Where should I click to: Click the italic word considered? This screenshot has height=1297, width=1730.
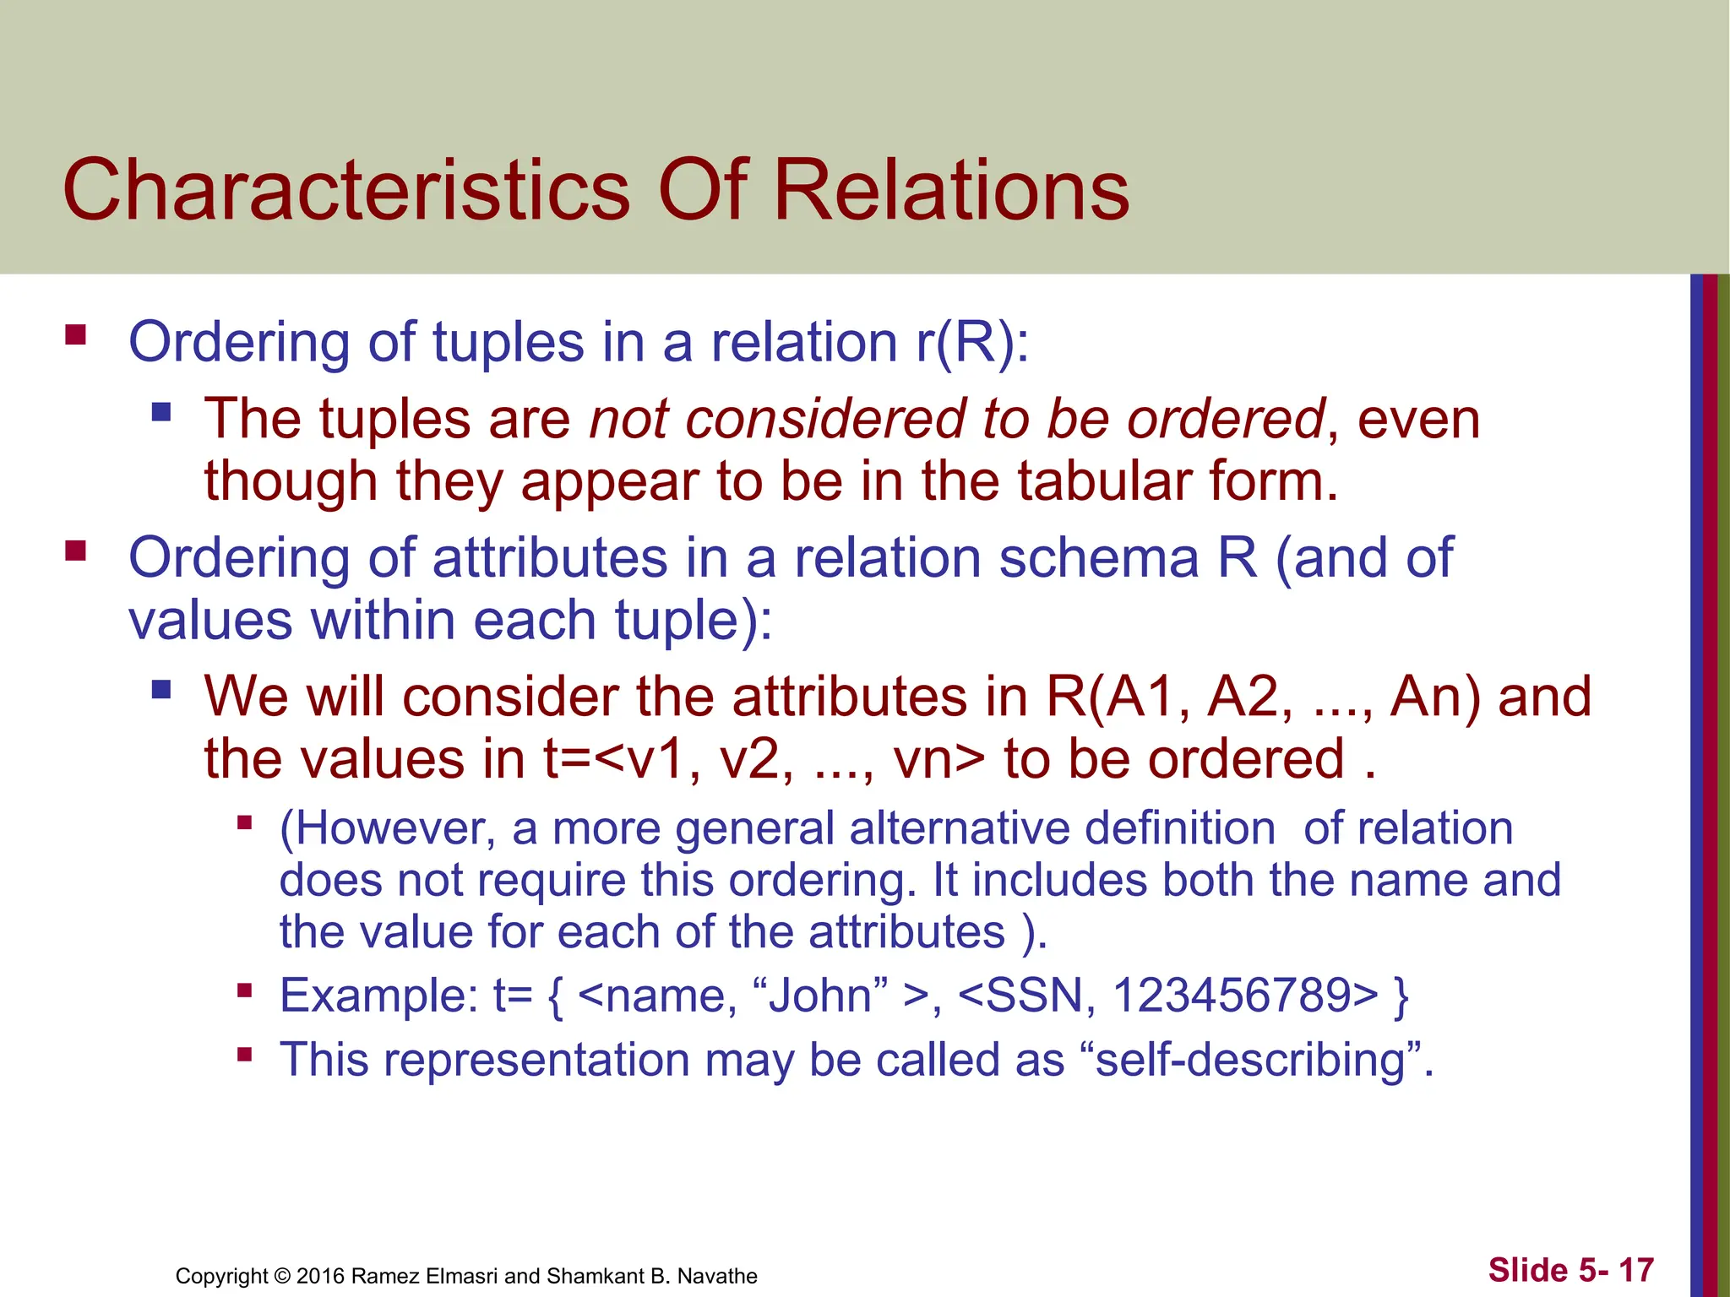pyautogui.click(x=824, y=420)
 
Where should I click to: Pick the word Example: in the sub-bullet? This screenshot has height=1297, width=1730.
pyautogui.click(x=379, y=996)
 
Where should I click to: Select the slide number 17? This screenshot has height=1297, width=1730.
pyautogui.click(x=1635, y=1270)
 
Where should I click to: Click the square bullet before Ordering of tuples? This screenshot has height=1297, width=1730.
pyautogui.click(x=76, y=335)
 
